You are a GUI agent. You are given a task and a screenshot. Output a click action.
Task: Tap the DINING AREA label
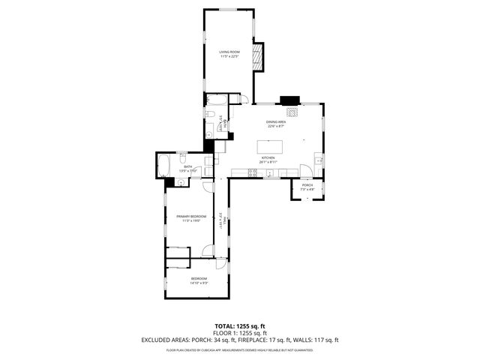(277, 121)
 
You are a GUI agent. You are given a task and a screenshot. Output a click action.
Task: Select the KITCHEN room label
(268, 158)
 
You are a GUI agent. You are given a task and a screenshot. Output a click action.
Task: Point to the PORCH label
(307, 185)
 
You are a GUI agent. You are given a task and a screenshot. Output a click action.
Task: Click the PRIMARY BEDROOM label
(191, 216)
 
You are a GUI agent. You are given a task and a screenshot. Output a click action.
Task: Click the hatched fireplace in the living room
(258, 57)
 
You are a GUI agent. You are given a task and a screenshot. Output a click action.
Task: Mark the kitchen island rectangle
(273, 145)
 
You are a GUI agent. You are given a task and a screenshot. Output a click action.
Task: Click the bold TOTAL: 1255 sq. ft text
(240, 326)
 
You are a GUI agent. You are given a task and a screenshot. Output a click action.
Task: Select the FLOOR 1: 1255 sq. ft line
(240, 333)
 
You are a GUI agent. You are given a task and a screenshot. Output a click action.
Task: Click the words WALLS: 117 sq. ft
(320, 340)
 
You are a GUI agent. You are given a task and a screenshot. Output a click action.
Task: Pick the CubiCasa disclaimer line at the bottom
(240, 349)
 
